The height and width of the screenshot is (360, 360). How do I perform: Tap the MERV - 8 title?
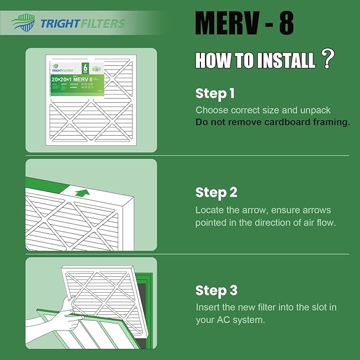point(244,24)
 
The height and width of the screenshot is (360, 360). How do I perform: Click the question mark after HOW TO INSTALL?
point(328,59)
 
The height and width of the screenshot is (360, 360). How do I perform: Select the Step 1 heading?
point(215,94)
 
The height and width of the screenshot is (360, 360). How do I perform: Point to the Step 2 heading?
point(216,192)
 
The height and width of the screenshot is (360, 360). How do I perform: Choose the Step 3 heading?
point(216,291)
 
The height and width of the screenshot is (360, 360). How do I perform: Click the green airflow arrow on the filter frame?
point(81,192)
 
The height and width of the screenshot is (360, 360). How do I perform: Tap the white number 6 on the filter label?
point(85,67)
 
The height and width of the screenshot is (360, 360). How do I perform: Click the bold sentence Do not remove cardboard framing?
point(273,122)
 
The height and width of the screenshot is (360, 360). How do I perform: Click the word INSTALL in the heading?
point(287,61)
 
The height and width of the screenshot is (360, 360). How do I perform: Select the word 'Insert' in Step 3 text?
point(207,308)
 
